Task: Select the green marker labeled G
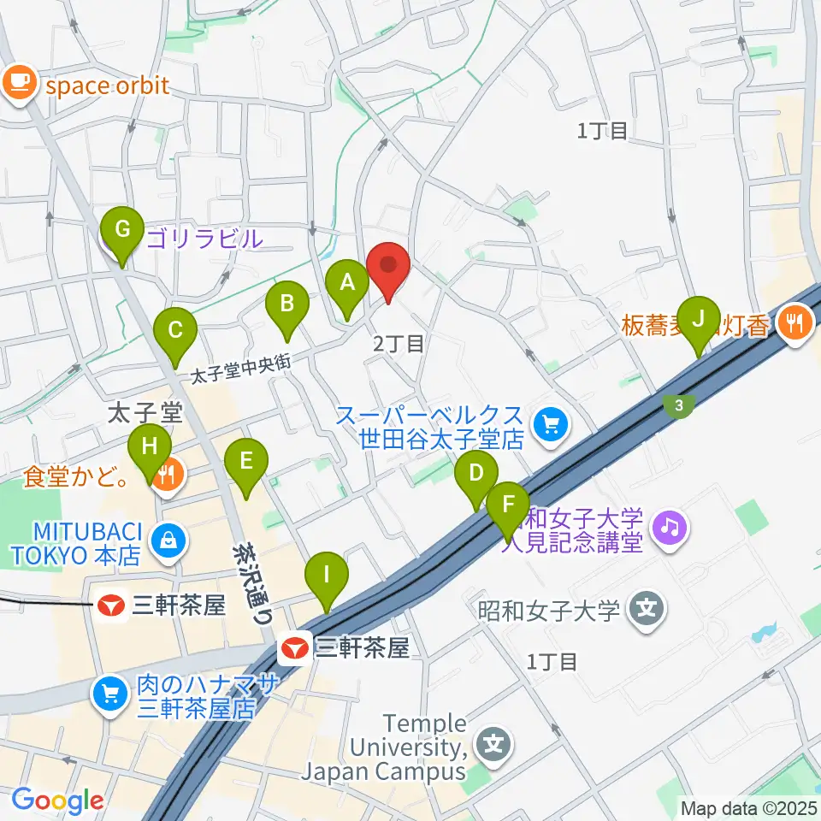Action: pos(122,232)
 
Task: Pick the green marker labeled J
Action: pos(700,322)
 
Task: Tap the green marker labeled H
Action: pos(150,448)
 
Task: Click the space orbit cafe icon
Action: pos(19,83)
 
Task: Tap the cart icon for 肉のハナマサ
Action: pos(110,691)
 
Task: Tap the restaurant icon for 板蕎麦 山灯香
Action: pos(795,322)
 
